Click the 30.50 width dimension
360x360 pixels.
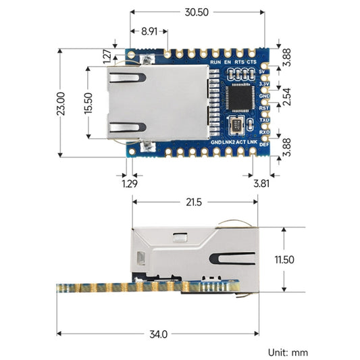[196, 12]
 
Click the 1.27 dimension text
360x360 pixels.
[109, 56]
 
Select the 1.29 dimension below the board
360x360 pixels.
[128, 182]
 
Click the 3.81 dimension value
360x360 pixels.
[260, 182]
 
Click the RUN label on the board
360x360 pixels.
[215, 63]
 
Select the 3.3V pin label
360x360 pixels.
[265, 84]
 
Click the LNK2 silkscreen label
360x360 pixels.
[228, 143]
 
